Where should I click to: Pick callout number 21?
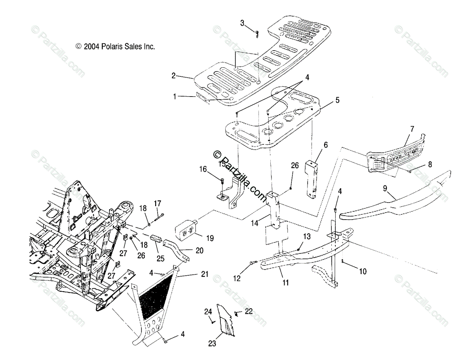point(193,274)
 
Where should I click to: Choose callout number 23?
point(212,343)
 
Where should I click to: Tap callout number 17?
point(158,204)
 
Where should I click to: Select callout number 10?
point(363,271)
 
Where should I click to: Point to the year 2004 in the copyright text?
point(91,47)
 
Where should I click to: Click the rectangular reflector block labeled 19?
point(186,229)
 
